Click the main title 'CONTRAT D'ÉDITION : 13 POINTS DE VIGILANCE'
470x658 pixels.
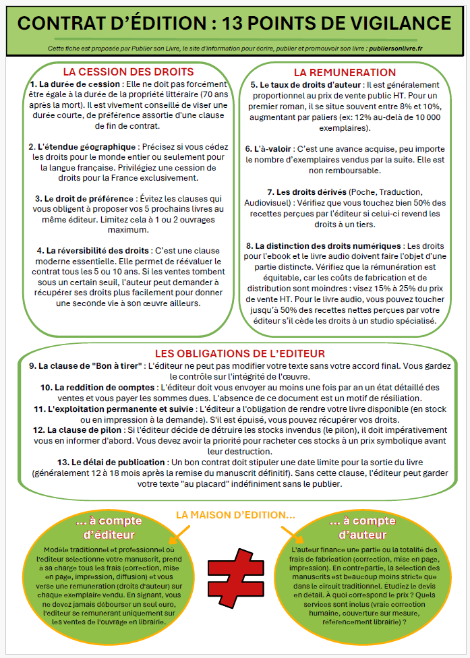235,24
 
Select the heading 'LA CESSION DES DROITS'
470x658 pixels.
128,71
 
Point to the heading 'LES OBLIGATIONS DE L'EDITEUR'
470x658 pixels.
240,353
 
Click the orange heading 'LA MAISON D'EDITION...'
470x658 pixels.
235,514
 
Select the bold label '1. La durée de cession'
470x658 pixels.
73,84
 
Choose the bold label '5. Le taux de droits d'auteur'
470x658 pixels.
305,86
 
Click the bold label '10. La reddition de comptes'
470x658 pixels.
97,388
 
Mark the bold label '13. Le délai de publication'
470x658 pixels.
101,462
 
